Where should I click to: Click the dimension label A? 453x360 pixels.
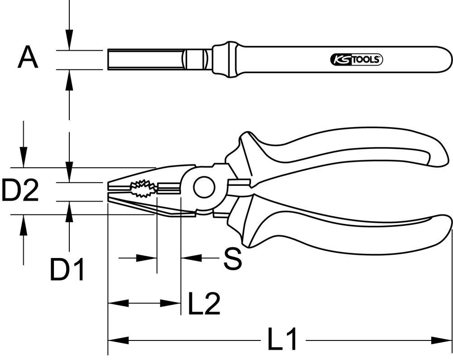(x=28, y=58)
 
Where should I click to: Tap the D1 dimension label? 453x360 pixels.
(x=67, y=271)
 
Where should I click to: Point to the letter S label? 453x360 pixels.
(x=232, y=259)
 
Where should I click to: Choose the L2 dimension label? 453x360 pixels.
(x=204, y=304)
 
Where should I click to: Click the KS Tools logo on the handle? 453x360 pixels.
(x=355, y=59)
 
